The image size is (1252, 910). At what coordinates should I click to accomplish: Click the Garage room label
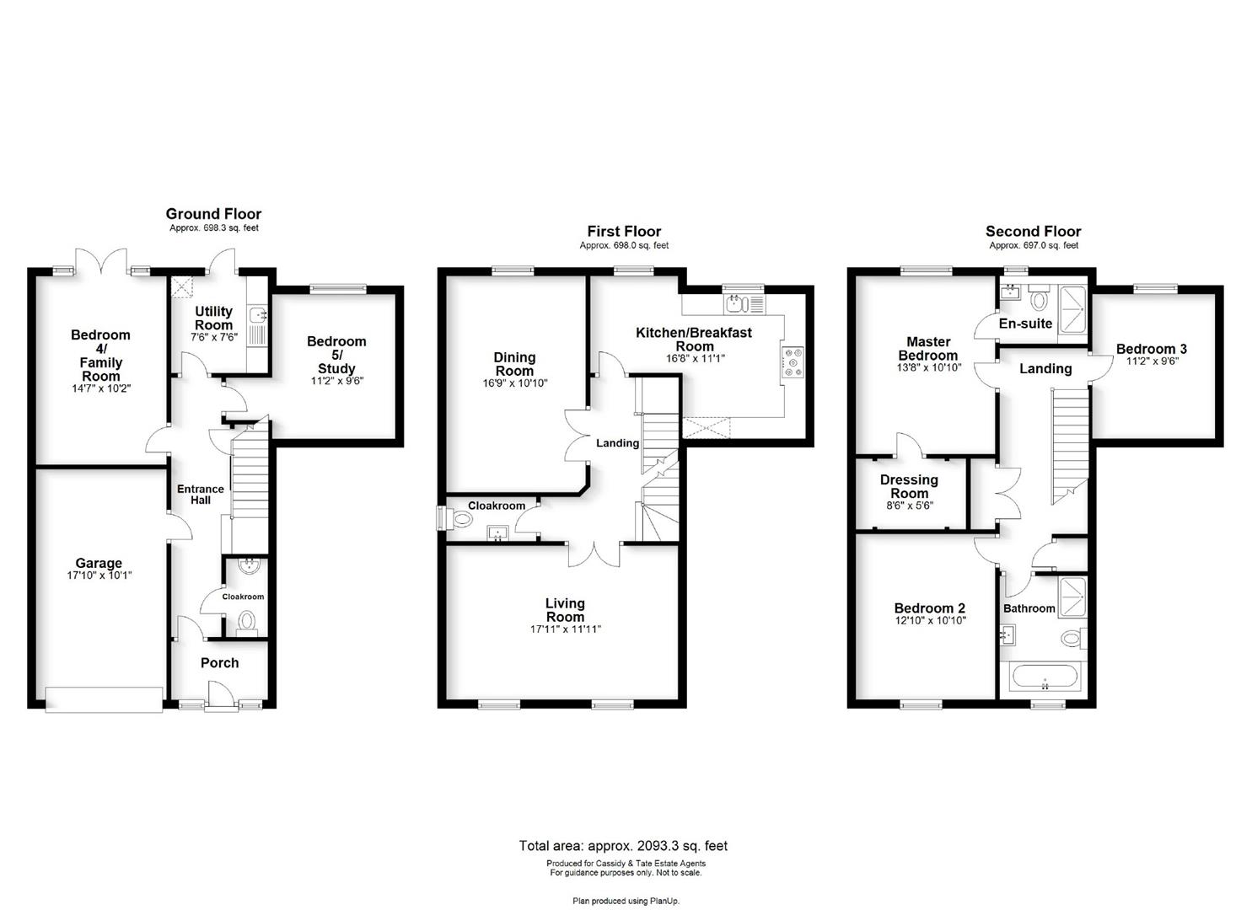[x=99, y=563]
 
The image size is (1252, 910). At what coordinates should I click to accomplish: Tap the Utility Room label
[x=213, y=318]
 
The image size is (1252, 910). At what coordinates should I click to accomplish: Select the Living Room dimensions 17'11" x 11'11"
[x=565, y=629]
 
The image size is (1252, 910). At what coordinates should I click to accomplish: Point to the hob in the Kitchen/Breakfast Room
[x=793, y=362]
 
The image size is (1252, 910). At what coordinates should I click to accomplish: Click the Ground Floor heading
[x=213, y=214]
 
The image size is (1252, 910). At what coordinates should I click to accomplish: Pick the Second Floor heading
[x=1033, y=231]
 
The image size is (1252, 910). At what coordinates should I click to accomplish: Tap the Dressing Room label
[x=909, y=486]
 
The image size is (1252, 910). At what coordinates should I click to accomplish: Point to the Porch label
[x=220, y=663]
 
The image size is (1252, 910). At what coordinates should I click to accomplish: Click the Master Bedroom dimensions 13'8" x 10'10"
[x=928, y=367]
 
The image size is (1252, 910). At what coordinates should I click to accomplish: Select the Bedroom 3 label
[x=1152, y=349]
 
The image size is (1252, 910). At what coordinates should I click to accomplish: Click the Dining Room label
[x=514, y=364]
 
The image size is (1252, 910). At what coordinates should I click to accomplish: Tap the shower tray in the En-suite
[x=1072, y=315]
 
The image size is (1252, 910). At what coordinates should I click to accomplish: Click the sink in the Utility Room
[x=258, y=316]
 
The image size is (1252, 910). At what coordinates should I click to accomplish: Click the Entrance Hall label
[x=201, y=495]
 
